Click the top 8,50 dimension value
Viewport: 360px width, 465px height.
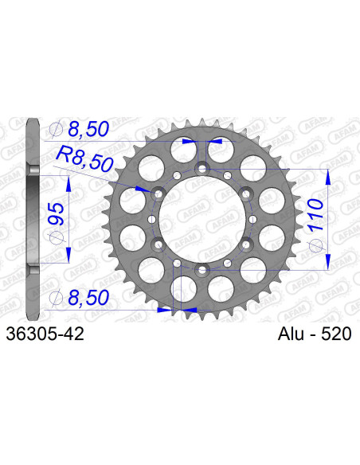click(89, 129)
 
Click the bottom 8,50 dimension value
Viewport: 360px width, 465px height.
click(89, 298)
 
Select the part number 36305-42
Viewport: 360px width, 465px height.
click(44, 335)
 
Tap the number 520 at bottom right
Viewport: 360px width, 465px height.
click(335, 335)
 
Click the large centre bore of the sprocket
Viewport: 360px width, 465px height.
click(202, 219)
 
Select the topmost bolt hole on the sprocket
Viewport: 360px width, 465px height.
click(202, 168)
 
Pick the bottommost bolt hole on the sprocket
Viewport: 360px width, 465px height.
click(202, 270)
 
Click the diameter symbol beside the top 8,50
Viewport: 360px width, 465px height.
click(56, 129)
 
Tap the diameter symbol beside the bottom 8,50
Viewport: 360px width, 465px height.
click(56, 298)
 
